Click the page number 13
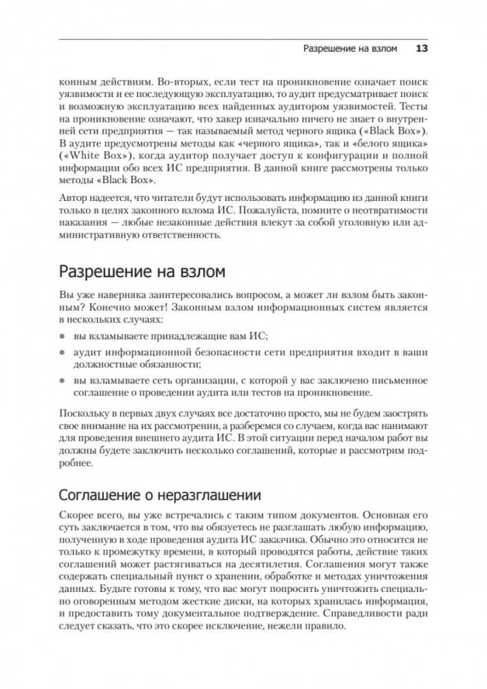[x=422, y=49]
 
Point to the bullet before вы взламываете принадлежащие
[x=62, y=335]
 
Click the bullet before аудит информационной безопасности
[x=62, y=352]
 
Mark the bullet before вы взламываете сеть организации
[x=62, y=381]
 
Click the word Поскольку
[x=83, y=414]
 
